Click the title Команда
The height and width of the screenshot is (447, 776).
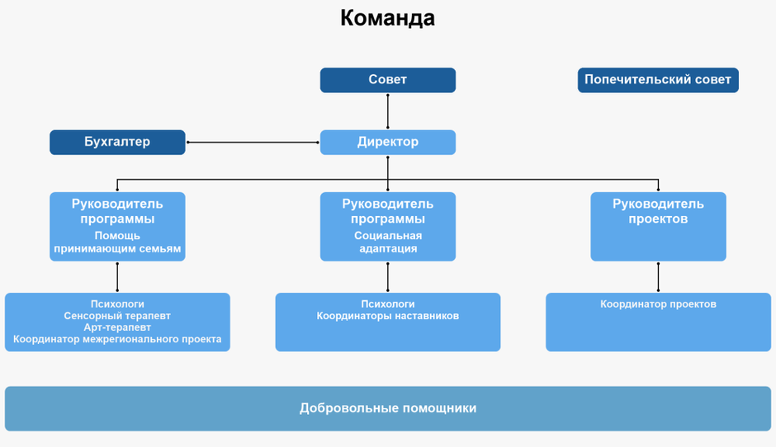[387, 18]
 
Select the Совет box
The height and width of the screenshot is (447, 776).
[387, 80]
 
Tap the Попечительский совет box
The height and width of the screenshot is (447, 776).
[657, 80]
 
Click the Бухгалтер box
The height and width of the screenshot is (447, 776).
[117, 142]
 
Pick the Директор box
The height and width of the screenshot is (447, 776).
[387, 142]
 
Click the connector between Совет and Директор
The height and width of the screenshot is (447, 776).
[387, 111]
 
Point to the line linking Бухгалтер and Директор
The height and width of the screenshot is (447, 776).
[253, 143]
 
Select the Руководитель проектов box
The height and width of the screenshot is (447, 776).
[658, 226]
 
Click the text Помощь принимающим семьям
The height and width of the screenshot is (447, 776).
[117, 242]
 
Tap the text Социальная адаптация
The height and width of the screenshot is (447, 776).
[387, 242]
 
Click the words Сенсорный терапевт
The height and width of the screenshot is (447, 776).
[117, 316]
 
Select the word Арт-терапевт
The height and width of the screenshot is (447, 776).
[117, 327]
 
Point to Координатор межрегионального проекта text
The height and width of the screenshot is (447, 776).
[117, 339]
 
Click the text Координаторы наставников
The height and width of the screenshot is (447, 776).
[387, 316]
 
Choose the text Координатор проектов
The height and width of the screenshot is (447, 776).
[658, 304]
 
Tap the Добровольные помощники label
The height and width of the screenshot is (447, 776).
[387, 408]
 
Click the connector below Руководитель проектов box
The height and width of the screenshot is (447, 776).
[658, 277]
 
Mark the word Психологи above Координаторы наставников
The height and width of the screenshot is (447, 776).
[387, 304]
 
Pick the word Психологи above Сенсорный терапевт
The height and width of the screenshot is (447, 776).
[117, 304]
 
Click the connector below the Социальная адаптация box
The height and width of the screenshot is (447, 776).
[387, 277]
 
